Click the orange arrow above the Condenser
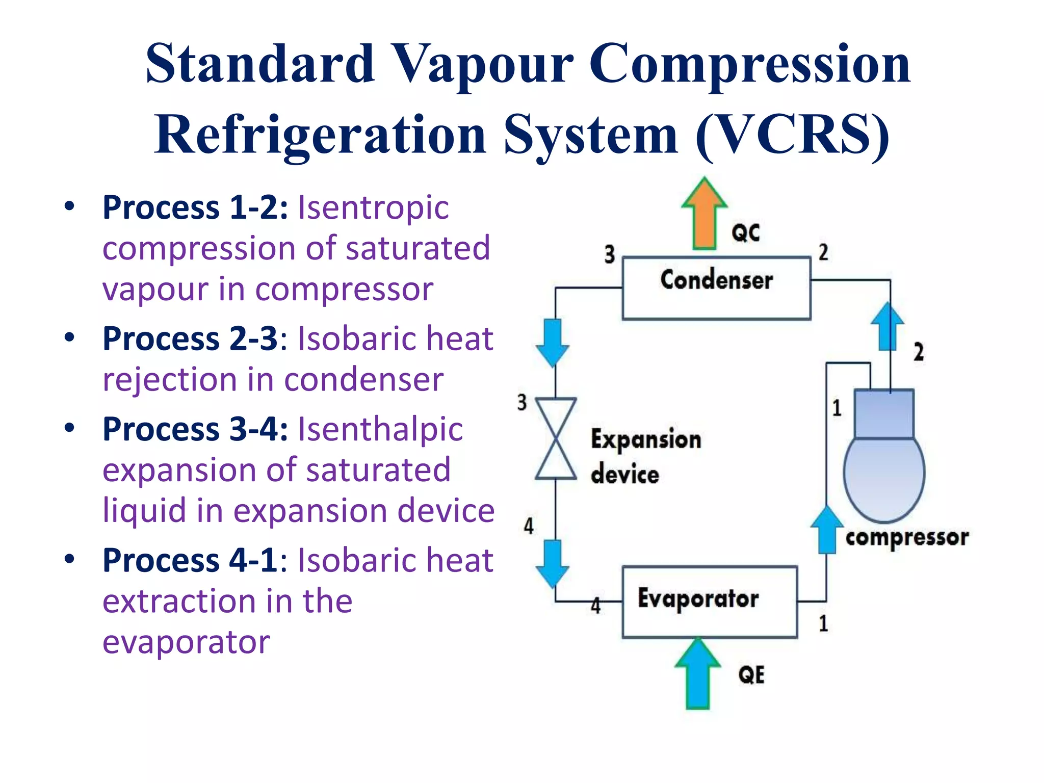[x=704, y=214]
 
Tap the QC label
[x=745, y=233]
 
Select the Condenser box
[x=716, y=289]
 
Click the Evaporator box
[x=710, y=602]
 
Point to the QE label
[x=751, y=675]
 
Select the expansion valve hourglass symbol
[x=556, y=438]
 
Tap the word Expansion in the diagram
[x=646, y=440]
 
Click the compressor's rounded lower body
[x=884, y=477]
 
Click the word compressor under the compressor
[x=907, y=538]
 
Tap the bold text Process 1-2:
[x=195, y=207]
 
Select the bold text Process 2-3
[x=190, y=338]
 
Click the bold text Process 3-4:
[x=195, y=429]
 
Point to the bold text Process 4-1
[x=190, y=560]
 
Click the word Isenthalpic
[x=380, y=429]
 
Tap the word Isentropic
[x=373, y=207]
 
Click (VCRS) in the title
[x=793, y=135]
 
